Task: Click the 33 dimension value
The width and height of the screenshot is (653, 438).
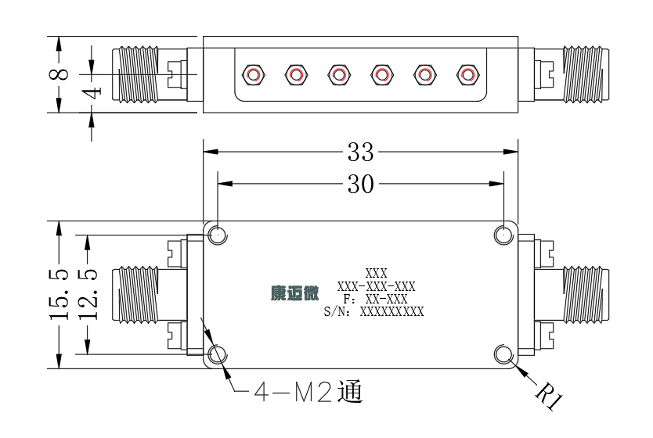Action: pyautogui.click(x=361, y=152)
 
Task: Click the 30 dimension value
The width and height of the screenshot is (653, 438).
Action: pyautogui.click(x=361, y=184)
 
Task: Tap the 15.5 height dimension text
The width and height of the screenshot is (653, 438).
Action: pyautogui.click(x=59, y=295)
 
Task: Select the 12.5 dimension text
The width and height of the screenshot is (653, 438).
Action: pyautogui.click(x=88, y=295)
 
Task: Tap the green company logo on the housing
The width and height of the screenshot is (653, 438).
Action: pyautogui.click(x=295, y=293)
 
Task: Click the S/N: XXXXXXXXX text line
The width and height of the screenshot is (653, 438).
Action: pyautogui.click(x=373, y=311)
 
